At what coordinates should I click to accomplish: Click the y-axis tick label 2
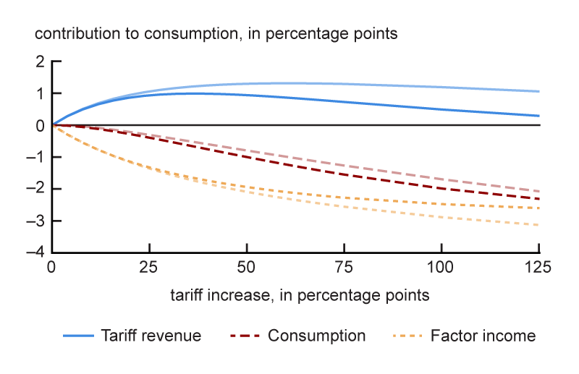click(40, 62)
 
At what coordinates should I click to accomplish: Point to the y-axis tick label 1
click(40, 94)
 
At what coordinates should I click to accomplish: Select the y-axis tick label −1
click(36, 158)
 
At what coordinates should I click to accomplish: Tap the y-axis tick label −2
click(36, 190)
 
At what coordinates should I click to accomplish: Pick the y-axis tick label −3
click(36, 221)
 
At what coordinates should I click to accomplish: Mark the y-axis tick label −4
click(36, 252)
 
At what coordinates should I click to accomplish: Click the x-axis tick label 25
click(150, 268)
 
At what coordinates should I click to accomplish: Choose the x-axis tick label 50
click(248, 268)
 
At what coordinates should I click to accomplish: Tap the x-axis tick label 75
click(345, 268)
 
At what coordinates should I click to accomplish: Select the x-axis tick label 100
click(442, 268)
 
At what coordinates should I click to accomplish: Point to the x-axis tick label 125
click(540, 268)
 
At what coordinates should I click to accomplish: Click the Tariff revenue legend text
click(151, 336)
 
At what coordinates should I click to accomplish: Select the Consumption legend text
click(316, 336)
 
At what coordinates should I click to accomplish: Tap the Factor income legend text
click(483, 336)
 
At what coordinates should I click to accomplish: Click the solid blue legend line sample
click(79, 336)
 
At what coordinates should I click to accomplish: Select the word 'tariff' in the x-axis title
click(186, 295)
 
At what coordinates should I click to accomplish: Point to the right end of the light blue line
click(539, 91)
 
